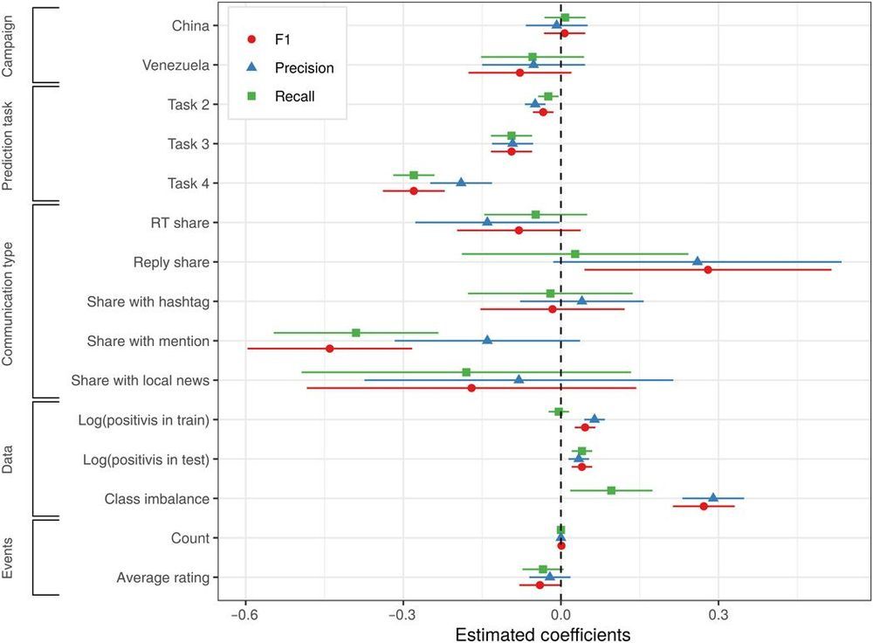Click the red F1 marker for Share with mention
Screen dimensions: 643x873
click(329, 349)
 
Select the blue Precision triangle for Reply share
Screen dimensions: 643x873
click(697, 261)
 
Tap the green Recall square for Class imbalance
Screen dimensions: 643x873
click(611, 490)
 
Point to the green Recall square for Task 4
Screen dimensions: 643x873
click(414, 176)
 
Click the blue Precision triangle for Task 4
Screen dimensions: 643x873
click(461, 183)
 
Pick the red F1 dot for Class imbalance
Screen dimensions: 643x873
click(704, 506)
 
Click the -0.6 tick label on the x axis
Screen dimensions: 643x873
click(245, 615)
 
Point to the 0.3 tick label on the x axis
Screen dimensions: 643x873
click(718, 615)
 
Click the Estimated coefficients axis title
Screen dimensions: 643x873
click(543, 633)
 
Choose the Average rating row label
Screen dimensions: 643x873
click(162, 577)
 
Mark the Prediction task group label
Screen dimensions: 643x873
click(8, 144)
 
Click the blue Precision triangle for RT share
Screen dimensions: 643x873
click(487, 222)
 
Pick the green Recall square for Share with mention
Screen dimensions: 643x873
click(356, 333)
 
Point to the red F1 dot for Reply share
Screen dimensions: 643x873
click(708, 270)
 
